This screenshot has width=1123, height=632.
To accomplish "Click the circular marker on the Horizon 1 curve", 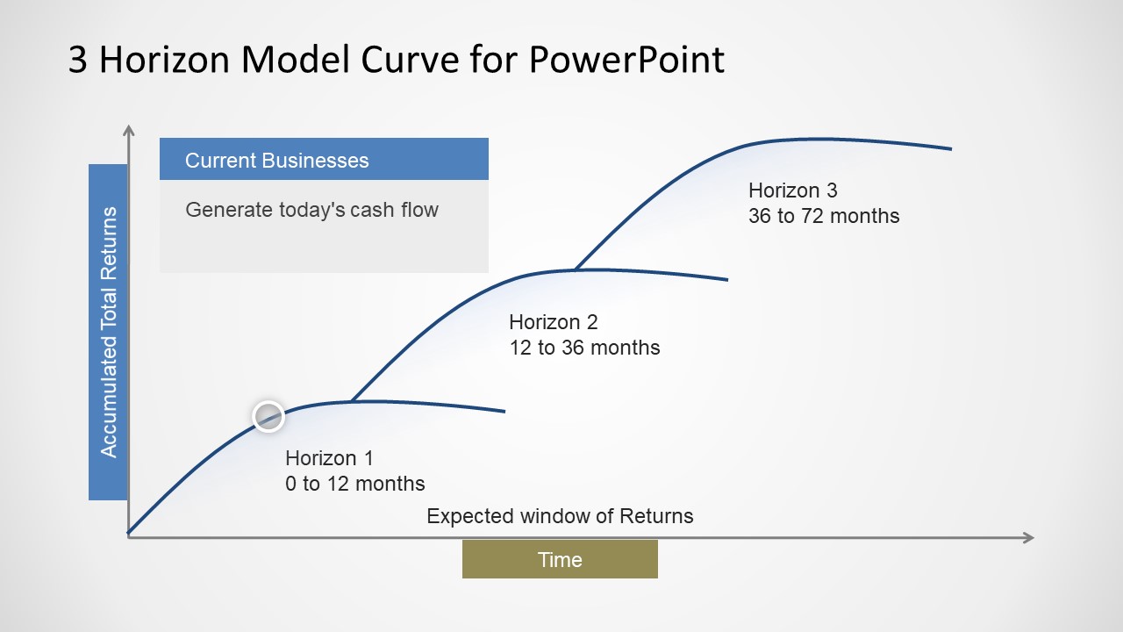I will click(268, 416).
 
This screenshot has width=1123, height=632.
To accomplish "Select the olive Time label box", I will click(560, 559).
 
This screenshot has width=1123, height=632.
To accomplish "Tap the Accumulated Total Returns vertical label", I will click(109, 332).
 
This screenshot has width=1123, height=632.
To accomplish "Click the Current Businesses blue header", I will click(324, 160).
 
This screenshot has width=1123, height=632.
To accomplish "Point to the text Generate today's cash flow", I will click(311, 210).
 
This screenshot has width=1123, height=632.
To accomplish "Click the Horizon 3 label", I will click(792, 190).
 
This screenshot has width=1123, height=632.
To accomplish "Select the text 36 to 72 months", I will click(823, 216).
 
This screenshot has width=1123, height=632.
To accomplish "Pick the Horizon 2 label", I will click(553, 322).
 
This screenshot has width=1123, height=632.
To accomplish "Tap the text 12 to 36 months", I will click(584, 348).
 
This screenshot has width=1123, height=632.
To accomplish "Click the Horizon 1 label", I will click(329, 458).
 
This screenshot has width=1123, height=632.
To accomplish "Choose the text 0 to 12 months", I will click(354, 484).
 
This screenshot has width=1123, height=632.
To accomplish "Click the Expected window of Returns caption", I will click(560, 516).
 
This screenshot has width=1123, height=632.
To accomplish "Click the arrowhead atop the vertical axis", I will click(129, 132).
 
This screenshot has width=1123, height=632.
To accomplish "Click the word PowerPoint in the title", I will click(626, 60).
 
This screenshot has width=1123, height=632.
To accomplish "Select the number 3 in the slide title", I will click(77, 60).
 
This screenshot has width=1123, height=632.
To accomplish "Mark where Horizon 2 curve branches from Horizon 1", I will click(352, 401).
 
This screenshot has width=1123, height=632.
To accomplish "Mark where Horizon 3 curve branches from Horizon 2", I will click(575, 269).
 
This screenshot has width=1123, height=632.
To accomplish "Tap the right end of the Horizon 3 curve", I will click(950, 148).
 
